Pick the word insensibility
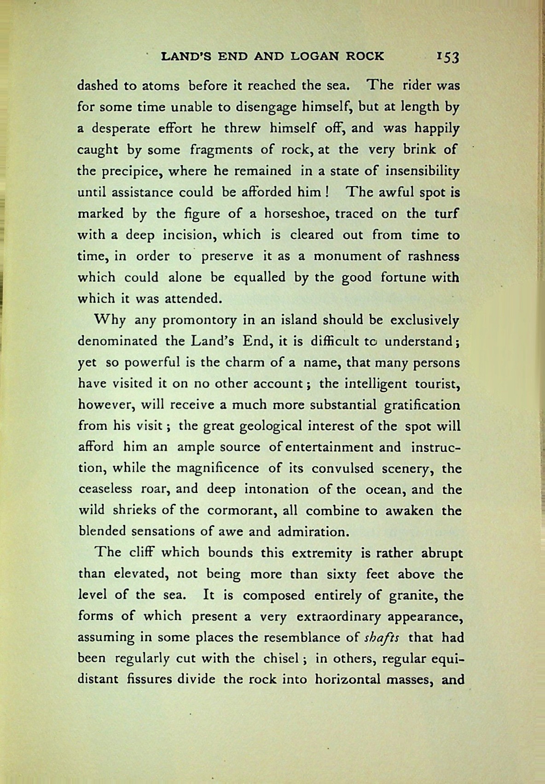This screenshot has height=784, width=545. pyautogui.click(x=422, y=171)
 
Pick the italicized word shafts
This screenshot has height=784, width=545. pyautogui.click(x=381, y=638)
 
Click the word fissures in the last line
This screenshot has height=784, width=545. pyautogui.click(x=151, y=679)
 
